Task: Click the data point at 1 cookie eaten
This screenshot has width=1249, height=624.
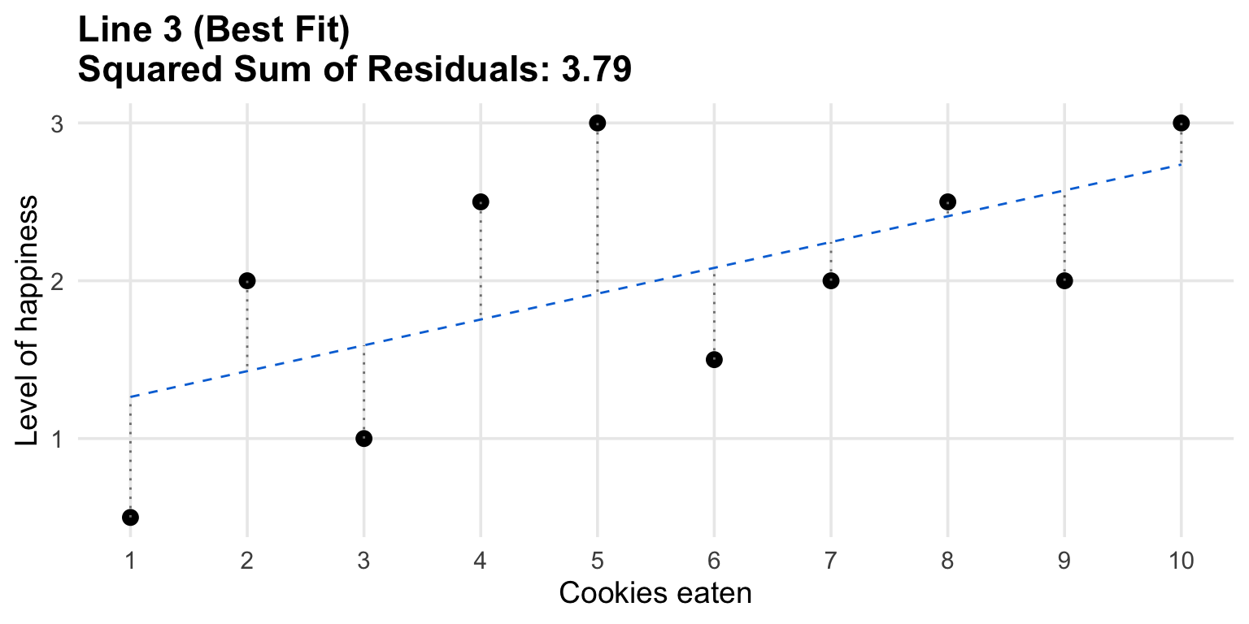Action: (130, 517)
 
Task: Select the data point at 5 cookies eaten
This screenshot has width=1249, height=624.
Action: (598, 123)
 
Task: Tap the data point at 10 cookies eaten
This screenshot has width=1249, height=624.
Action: (1182, 123)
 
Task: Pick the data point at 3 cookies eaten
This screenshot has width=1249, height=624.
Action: (363, 438)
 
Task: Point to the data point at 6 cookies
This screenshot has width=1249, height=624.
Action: (714, 359)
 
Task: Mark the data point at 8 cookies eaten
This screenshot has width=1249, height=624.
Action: (947, 201)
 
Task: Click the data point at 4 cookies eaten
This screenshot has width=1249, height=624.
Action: (481, 201)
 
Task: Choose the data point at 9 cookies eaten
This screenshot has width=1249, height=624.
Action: (1064, 280)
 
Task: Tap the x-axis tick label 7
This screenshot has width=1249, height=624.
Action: (831, 560)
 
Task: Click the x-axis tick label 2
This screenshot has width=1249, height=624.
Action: (247, 560)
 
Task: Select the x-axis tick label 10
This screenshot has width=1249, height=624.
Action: (1182, 560)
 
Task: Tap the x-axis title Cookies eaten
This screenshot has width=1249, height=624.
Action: (655, 594)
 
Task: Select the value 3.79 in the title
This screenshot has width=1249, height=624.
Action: (596, 71)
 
